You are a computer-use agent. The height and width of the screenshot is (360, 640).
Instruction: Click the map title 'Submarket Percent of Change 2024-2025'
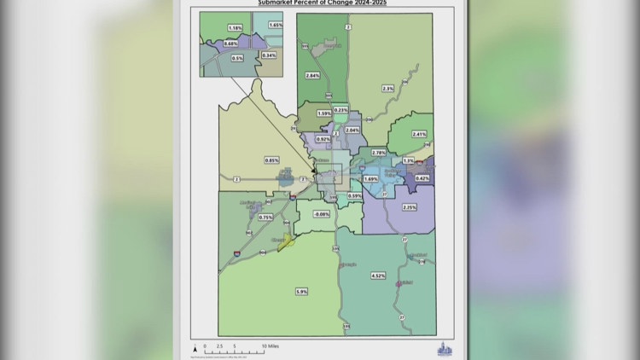coord(320,3)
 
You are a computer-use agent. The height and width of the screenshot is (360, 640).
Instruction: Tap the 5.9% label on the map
coord(301,291)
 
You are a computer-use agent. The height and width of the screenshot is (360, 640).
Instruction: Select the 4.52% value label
coord(378,276)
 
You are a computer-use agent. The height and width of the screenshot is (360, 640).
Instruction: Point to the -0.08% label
coord(321,213)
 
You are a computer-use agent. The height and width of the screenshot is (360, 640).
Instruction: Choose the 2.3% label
coord(388,89)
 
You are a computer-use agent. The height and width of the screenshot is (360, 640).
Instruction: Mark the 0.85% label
coord(272,160)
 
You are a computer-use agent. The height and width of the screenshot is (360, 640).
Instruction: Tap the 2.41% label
coord(418,134)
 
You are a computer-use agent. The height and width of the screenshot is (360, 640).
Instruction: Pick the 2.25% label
coord(409,207)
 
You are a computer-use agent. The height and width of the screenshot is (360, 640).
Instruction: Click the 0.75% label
coord(265,218)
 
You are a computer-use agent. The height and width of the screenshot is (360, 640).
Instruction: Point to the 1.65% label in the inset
coord(275,26)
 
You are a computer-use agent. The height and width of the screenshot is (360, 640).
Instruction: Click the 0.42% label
coord(422,177)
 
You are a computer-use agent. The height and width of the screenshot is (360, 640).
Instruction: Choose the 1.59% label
coord(324,113)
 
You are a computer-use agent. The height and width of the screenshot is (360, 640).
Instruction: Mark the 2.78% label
coord(379,152)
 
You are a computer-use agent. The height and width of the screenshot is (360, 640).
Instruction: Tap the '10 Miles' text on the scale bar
coord(270,346)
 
